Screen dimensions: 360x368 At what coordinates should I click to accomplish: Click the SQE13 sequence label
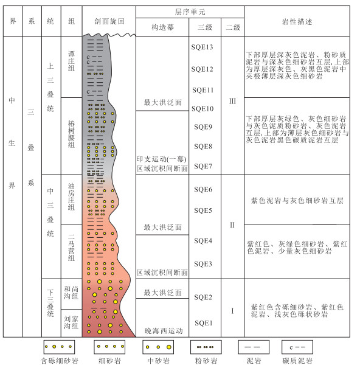202,47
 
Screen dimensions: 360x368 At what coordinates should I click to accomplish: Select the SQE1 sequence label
204,323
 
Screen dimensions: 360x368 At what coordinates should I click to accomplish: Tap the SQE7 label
203,167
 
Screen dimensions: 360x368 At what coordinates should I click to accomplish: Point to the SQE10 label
202,109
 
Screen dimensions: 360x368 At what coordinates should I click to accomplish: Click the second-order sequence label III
232,101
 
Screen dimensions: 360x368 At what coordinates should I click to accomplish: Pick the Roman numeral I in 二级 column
232,311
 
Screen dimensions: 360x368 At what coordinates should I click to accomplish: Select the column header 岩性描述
297,22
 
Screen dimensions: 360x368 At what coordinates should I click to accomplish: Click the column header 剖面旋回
109,21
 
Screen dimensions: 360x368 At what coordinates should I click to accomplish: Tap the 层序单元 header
190,12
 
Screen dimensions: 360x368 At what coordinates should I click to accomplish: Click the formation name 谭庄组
71,61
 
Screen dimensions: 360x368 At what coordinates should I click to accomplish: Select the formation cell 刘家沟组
71,322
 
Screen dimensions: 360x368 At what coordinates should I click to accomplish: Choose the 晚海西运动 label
164,331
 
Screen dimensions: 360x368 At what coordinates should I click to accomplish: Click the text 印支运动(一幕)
162,159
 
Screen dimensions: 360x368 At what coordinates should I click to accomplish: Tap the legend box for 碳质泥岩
297,347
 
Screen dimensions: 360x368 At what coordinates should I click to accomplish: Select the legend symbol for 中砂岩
158,347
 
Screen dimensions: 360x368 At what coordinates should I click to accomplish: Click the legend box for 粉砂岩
206,347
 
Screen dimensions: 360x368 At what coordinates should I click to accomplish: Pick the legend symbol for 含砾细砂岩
59,347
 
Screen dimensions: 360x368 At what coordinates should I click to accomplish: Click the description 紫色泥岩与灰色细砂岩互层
297,201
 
